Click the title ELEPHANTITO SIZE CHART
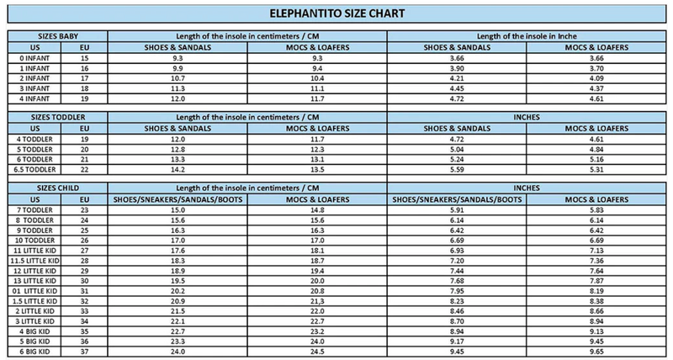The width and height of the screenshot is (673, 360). coord(336,14)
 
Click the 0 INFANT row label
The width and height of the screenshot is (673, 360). coord(34,56)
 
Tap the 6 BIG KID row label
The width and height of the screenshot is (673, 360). coord(34,350)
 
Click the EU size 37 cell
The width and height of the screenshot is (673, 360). coord(84,350)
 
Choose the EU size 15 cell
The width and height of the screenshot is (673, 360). coord(84,56)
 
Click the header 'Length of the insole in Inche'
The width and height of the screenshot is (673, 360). coord(527,35)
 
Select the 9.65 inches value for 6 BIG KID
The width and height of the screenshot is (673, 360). coord(597,350)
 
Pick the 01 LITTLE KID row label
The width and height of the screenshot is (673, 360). coord(34,291)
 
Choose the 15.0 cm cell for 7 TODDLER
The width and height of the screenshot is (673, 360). coord(178,209)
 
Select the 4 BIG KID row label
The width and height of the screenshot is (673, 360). coord(34,331)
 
